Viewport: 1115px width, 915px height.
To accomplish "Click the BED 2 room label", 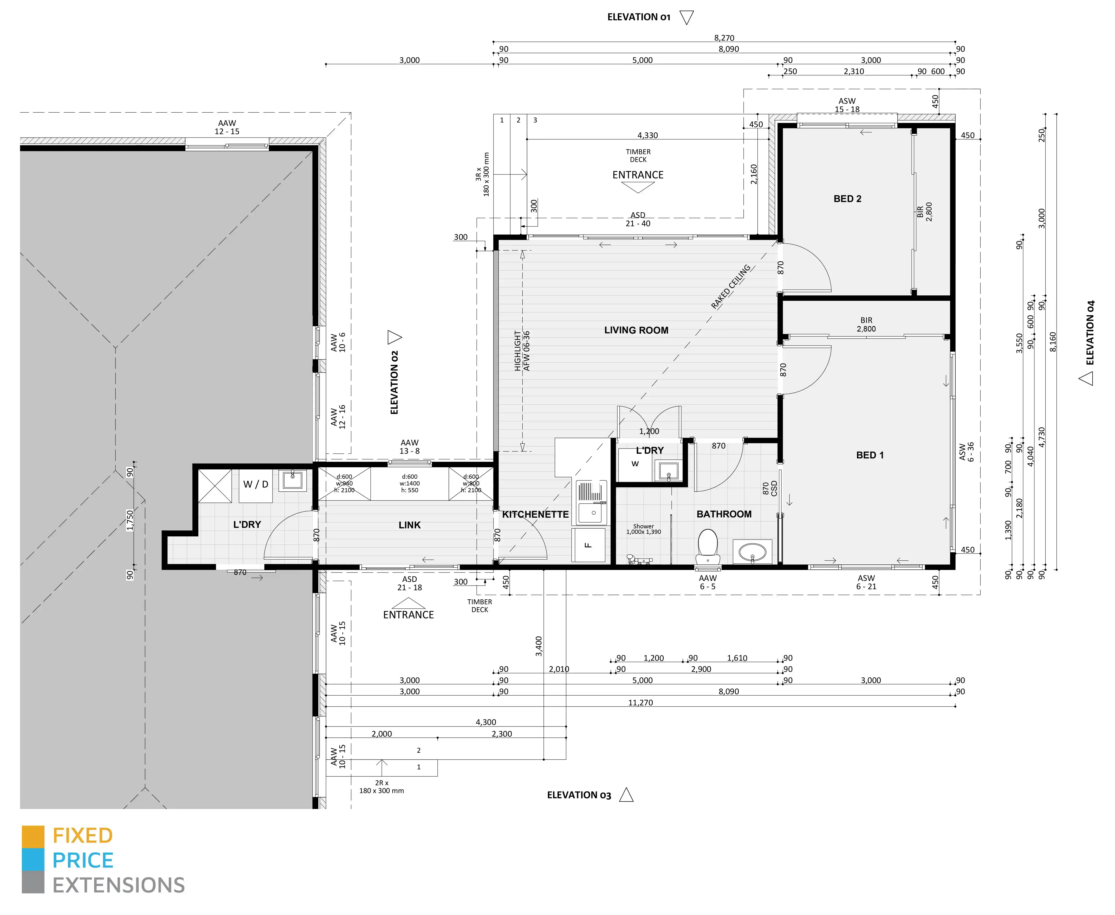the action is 847,199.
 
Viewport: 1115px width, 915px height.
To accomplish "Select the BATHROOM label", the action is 724,514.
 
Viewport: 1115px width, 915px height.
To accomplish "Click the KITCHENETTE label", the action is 535,514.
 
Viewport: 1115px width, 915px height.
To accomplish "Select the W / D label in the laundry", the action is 256,484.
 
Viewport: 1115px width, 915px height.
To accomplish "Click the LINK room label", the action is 410,525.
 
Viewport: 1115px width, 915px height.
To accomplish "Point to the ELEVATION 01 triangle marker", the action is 686,17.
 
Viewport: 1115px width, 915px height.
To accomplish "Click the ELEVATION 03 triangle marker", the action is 626,795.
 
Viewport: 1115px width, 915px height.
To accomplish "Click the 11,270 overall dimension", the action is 640,703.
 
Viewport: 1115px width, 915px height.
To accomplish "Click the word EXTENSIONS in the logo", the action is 119,885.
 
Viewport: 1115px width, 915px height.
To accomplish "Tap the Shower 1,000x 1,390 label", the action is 644,529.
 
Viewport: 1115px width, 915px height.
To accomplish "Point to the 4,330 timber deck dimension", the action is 647,135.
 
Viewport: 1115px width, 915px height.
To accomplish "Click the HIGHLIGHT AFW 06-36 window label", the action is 522,351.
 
